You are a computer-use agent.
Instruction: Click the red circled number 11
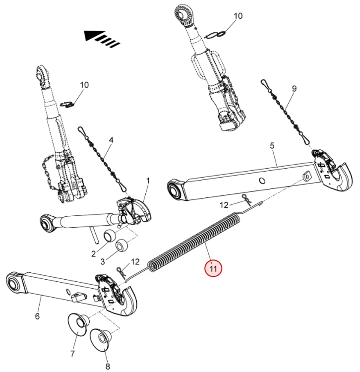point(214,268)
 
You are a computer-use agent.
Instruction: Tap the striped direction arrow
point(102,38)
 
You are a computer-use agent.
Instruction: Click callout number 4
point(111,140)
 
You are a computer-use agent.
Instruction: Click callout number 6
point(37,316)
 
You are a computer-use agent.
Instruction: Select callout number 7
point(73,354)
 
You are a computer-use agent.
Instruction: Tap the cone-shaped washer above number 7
point(77,323)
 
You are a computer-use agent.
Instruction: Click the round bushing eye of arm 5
point(174,189)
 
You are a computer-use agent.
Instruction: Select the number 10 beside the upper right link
point(238,16)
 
